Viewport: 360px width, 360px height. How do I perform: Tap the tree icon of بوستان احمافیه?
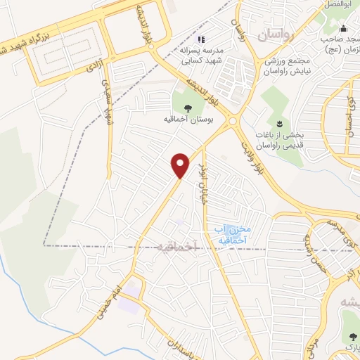click(188, 108)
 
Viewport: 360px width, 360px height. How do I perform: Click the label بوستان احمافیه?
click(188, 120)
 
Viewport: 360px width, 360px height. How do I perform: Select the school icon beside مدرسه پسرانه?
click(202, 40)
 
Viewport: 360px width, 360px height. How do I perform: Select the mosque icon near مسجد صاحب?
click(343, 28)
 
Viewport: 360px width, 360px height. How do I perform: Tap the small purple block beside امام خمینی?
click(128, 304)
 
